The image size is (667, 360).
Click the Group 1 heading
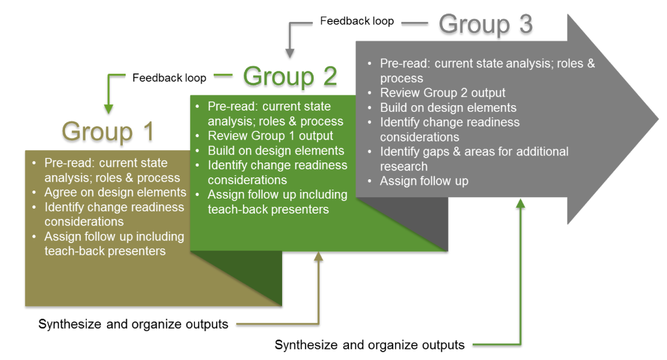(108, 132)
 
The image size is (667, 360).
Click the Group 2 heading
(290, 76)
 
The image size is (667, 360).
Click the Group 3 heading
(485, 24)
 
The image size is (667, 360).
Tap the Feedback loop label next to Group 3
(357, 21)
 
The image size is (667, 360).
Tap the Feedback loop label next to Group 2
(169, 78)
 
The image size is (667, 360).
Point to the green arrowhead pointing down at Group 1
(108, 108)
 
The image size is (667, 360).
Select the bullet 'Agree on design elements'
(115, 193)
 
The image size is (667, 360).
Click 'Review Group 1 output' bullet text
(270, 136)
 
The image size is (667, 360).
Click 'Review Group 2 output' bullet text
(442, 93)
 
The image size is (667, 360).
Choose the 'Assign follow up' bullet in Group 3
(424, 181)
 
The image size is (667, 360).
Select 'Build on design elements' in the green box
(276, 151)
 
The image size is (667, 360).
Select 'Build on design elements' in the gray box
(448, 108)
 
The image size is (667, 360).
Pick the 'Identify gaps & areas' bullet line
(474, 152)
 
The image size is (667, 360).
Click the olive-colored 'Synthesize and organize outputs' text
(133, 324)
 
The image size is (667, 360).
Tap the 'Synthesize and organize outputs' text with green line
(369, 345)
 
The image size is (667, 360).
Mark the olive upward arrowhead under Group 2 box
(318, 257)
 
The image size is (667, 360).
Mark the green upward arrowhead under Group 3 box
(520, 203)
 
